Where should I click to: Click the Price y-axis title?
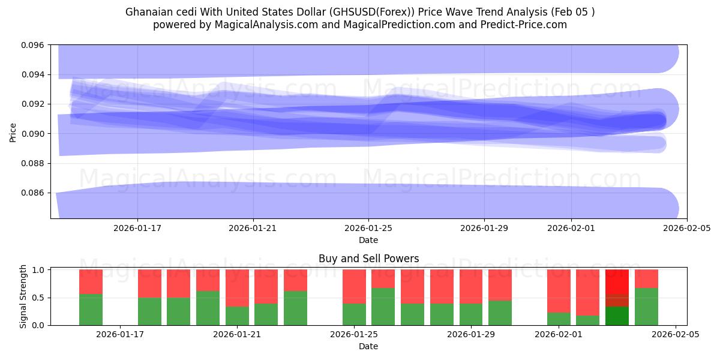tap(13, 132)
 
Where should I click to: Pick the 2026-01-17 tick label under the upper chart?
tap(137, 228)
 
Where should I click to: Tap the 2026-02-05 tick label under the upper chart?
tap(687, 228)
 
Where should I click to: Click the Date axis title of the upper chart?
tap(368, 240)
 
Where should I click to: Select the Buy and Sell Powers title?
tap(368, 259)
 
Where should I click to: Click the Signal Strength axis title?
tap(23, 296)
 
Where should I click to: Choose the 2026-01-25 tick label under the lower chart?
tap(354, 335)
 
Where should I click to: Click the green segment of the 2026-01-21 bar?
tap(237, 316)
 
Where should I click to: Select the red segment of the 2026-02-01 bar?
tap(559, 291)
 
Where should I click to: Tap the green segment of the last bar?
tap(646, 307)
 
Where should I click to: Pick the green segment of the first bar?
tap(91, 310)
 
